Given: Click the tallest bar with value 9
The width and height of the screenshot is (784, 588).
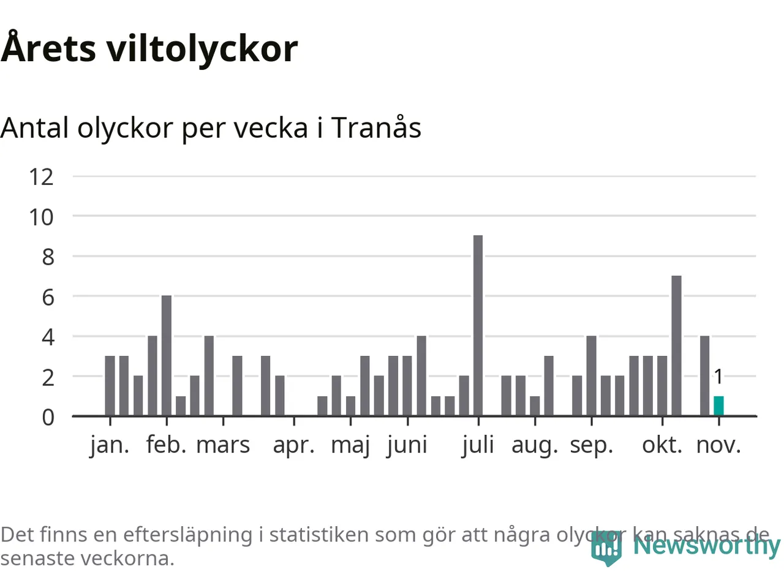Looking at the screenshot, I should click(478, 325).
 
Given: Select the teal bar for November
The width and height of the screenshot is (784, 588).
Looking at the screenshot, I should click(718, 405).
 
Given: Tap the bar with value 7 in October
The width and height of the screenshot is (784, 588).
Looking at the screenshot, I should click(676, 345).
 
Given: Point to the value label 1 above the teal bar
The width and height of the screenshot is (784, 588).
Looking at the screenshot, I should click(718, 377).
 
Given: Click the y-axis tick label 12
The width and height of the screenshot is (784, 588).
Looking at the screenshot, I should click(41, 177).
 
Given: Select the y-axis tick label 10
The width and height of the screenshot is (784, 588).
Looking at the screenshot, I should click(41, 217).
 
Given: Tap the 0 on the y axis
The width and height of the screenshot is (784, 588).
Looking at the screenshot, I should click(48, 417).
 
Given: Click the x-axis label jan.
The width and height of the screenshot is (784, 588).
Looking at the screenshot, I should click(110, 445).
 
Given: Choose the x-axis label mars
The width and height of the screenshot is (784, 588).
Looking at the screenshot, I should click(223, 445).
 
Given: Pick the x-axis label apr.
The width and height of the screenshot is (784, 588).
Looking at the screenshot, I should click(294, 445).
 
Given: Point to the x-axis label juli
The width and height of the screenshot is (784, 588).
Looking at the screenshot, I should click(478, 445).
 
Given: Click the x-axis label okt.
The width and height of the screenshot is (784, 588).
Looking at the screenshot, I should click(662, 445).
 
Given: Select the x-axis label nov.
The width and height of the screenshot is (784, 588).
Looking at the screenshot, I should click(718, 445).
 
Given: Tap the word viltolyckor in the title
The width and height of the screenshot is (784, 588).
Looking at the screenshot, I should click(202, 48).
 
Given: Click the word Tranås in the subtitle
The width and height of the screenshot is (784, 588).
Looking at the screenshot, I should click(376, 128).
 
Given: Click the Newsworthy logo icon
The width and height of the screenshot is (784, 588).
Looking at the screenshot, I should click(606, 548).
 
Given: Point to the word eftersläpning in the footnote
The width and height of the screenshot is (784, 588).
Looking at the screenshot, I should click(187, 535).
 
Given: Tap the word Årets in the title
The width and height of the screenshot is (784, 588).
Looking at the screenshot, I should click(48, 48).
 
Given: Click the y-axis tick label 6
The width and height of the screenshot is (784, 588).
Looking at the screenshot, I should click(48, 297).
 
